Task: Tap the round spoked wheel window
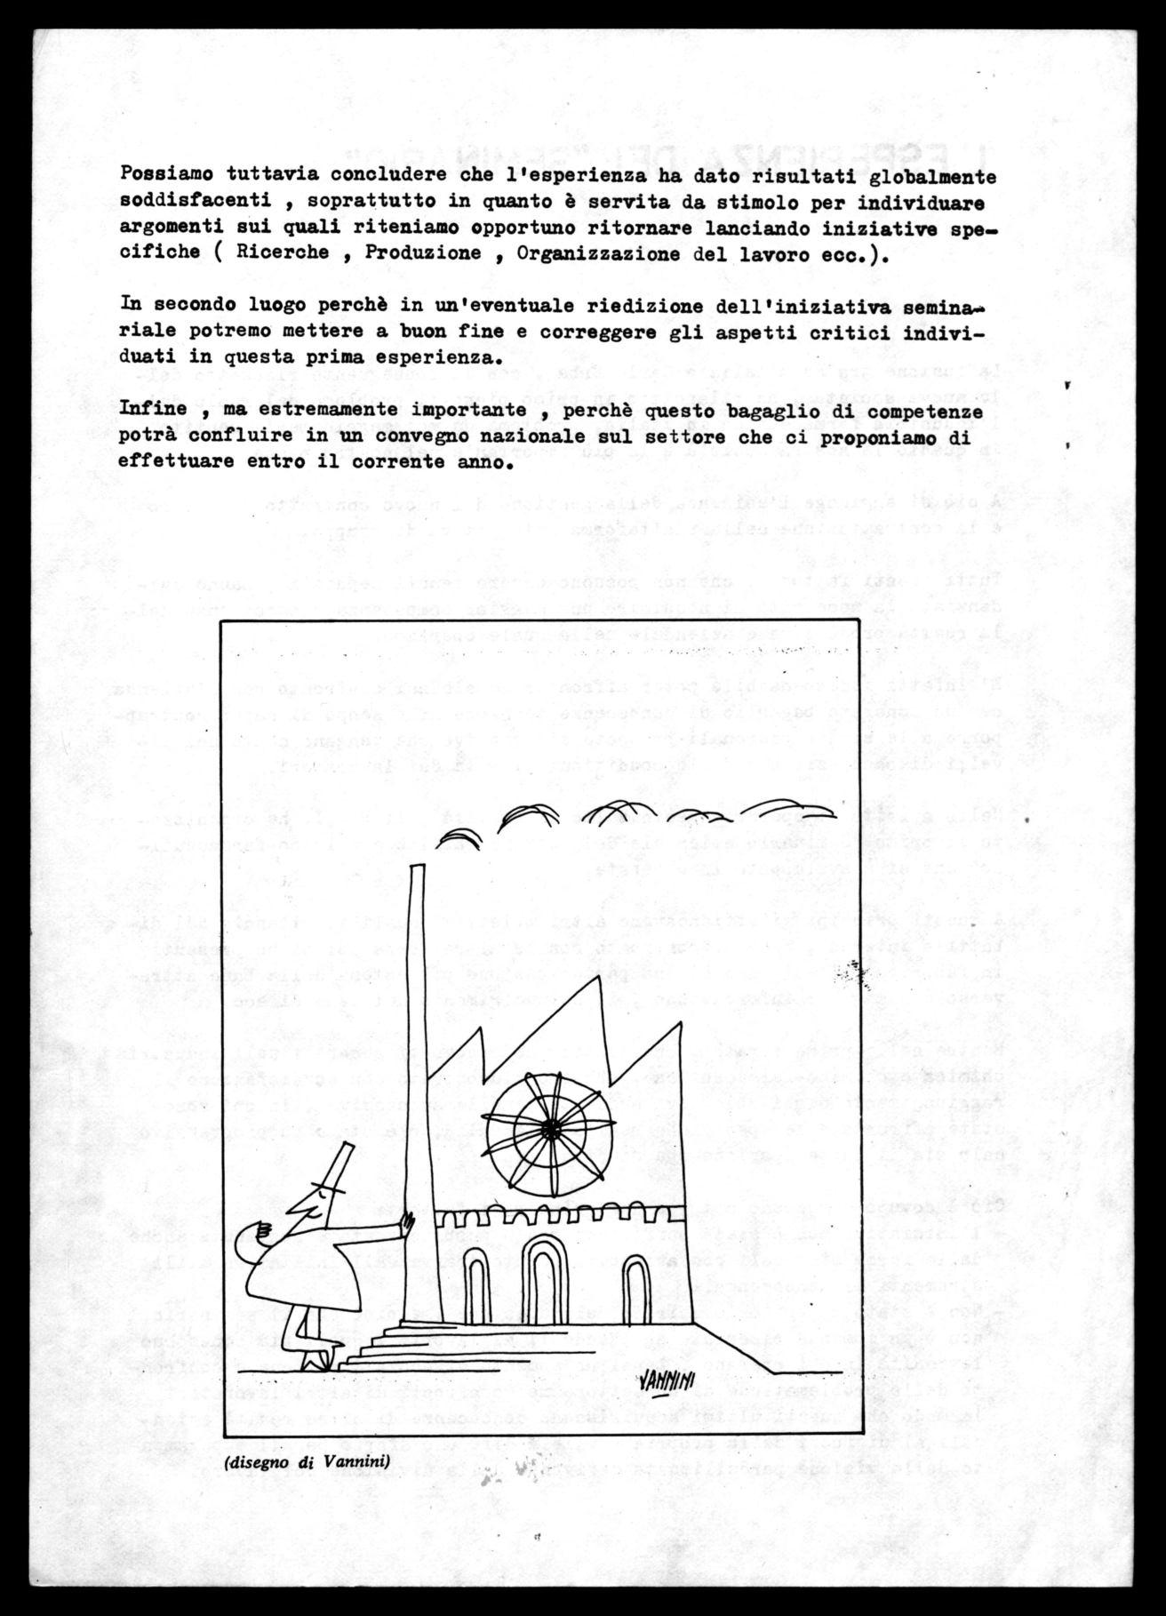pos(551,1126)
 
